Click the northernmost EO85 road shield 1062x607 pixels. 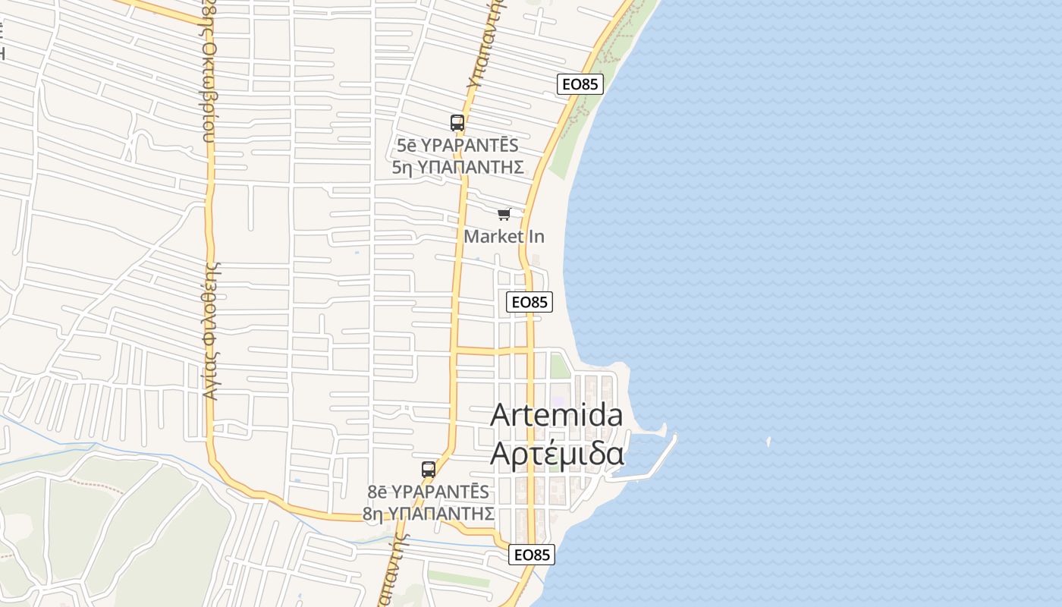coord(580,84)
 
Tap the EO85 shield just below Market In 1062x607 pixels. coord(529,302)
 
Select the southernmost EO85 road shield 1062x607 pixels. coord(532,555)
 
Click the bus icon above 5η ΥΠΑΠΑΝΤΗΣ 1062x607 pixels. coord(457,122)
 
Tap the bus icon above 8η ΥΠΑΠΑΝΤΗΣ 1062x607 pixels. coord(429,469)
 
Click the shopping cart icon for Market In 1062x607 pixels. coord(504,215)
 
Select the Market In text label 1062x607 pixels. coord(504,236)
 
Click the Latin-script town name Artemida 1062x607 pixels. coord(557,415)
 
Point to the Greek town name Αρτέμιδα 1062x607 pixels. coord(557,453)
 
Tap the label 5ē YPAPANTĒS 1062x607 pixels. coord(457,146)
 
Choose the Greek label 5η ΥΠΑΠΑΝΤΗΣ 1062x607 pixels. coord(458,167)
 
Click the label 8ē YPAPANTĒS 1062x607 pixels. coord(429,492)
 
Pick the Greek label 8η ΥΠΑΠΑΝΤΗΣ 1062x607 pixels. coord(429,514)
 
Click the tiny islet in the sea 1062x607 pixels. coord(768,441)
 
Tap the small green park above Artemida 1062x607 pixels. coord(559,366)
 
